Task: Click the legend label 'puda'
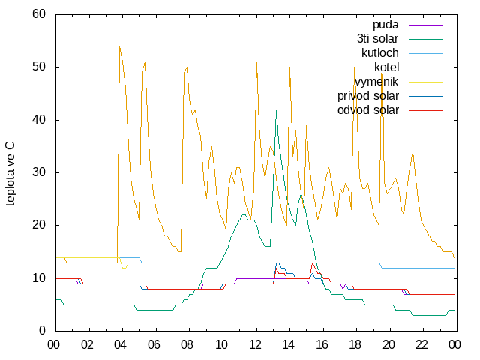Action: (385, 25)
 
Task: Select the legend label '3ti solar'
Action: (378, 39)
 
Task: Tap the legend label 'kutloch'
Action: (380, 53)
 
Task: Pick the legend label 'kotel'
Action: (387, 67)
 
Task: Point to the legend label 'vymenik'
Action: (376, 82)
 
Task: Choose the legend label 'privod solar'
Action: (368, 96)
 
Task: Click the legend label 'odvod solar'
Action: (368, 110)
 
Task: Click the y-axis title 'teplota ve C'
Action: (10, 173)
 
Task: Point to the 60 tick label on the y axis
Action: (39, 13)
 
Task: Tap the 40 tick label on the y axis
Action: (39, 119)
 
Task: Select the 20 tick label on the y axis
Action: (39, 225)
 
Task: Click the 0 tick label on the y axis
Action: (42, 330)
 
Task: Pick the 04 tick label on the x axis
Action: (120, 345)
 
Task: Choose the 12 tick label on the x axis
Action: (255, 345)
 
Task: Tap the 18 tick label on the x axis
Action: (355, 345)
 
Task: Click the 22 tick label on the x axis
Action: (421, 345)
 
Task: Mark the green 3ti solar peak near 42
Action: (276, 110)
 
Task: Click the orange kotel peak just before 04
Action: (119, 46)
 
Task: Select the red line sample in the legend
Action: (425, 110)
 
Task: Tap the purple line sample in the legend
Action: (425, 25)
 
